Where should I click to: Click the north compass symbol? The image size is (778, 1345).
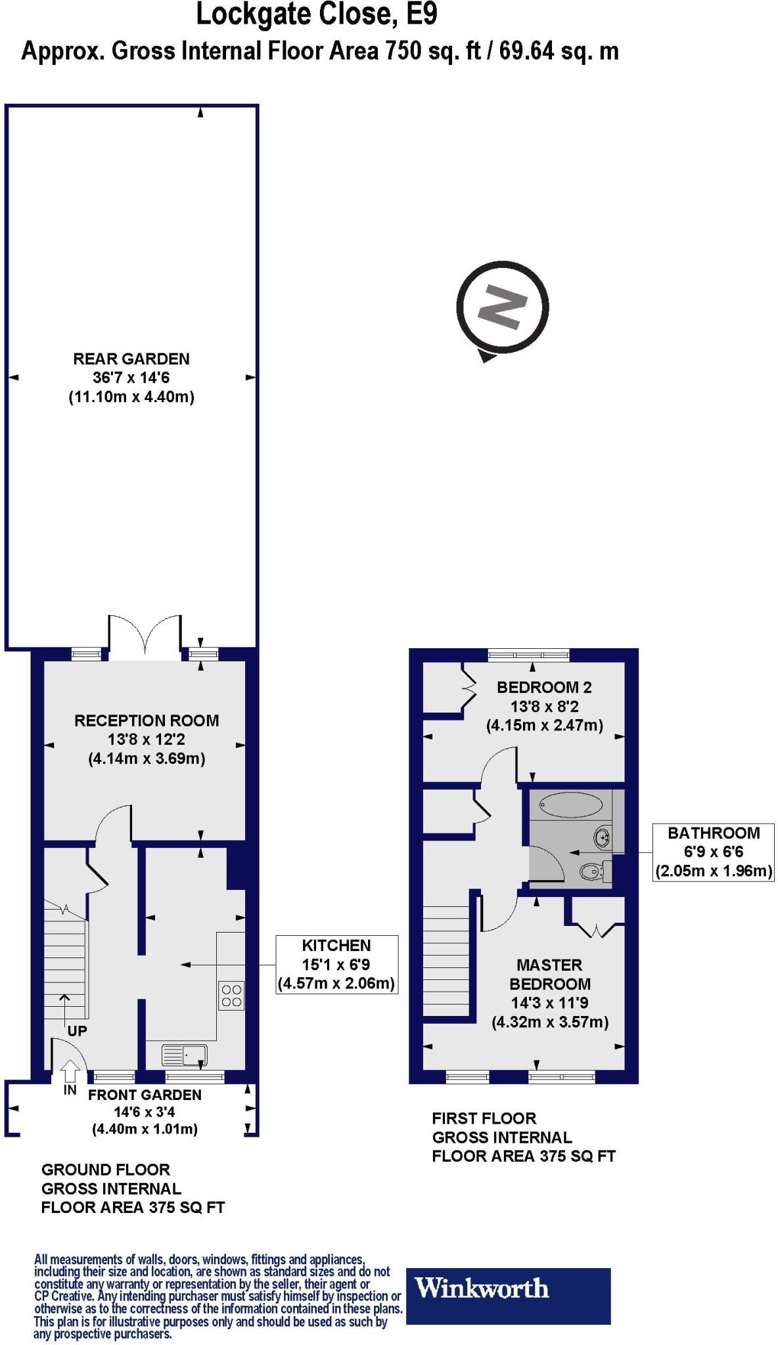(x=503, y=307)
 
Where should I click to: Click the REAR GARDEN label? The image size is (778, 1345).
(x=131, y=359)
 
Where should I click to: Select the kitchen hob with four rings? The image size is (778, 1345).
(x=231, y=996)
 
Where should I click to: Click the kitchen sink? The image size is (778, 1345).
(x=185, y=1055)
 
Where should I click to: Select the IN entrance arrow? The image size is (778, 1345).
(x=70, y=1074)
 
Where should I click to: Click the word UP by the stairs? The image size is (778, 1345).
(x=77, y=1031)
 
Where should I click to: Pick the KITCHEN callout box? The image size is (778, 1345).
(x=336, y=964)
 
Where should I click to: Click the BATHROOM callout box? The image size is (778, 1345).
(x=713, y=852)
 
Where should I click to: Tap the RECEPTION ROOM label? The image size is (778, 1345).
(x=147, y=720)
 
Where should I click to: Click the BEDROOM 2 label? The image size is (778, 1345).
(x=544, y=688)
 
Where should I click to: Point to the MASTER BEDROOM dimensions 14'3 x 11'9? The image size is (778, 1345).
(x=549, y=1003)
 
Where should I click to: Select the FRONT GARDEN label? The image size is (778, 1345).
(x=145, y=1095)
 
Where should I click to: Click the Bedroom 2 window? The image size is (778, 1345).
(x=529, y=654)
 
